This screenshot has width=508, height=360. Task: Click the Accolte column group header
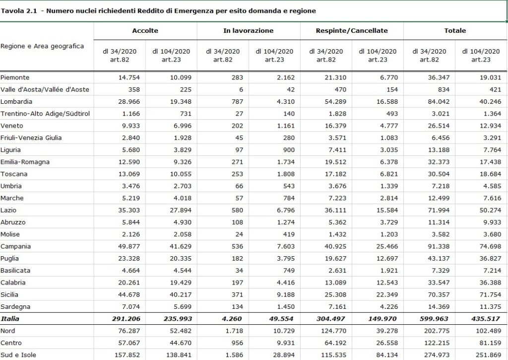coord(145,31)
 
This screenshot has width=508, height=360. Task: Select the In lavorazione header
coord(248,31)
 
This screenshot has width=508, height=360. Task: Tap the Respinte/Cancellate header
coord(352,31)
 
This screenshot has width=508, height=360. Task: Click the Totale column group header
coord(455,31)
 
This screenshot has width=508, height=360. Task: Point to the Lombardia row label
coord(16,101)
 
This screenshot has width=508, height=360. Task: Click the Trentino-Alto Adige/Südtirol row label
coord(45,114)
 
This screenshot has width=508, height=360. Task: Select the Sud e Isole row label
coord(18,355)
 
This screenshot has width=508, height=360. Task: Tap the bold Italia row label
coord(10,319)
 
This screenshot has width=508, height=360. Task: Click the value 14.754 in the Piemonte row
coord(129,77)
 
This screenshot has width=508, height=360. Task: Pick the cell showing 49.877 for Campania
coord(129,246)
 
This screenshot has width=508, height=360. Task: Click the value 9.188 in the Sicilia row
coord(286,295)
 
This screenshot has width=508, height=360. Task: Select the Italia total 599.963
coord(434,319)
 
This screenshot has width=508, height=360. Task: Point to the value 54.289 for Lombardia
coord(335,101)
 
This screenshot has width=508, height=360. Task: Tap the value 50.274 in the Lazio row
coord(490,210)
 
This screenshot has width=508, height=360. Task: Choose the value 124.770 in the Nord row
coord(334,331)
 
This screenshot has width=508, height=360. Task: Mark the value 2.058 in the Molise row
coord(183,234)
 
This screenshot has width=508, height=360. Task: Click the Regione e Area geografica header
coord(42,46)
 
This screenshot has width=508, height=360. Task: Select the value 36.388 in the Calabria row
coord(490,283)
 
